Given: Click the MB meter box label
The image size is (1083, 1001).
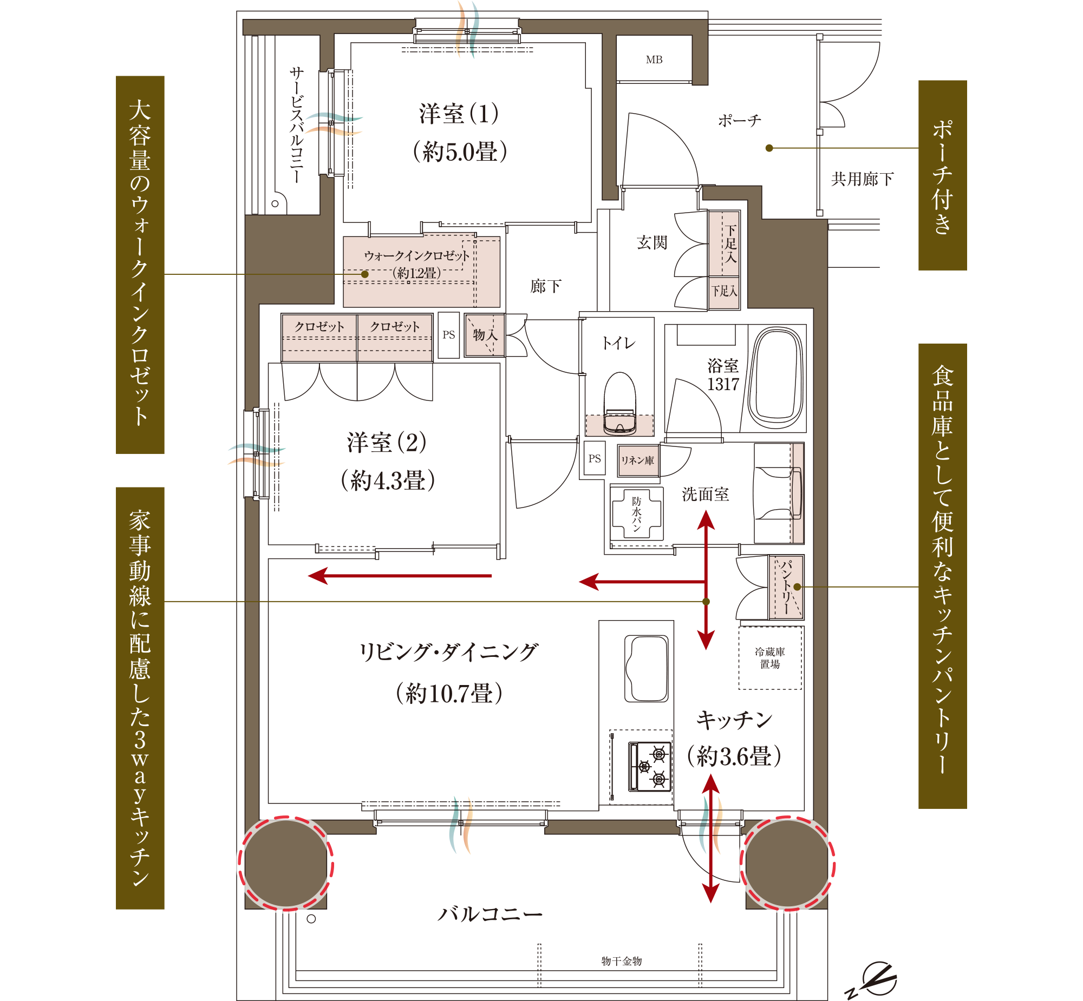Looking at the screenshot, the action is coord(654,60).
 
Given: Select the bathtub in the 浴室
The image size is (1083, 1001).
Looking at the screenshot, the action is coord(775,378).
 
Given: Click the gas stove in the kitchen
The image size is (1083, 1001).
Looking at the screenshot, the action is coord(649,766).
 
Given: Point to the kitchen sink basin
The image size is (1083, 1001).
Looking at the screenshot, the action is coord(647,668).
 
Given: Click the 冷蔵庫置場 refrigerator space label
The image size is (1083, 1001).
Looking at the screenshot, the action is coord(769,657).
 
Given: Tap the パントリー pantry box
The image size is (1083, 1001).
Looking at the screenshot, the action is coord(786,587).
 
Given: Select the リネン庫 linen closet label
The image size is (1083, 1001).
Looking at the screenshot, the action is coord(637,460).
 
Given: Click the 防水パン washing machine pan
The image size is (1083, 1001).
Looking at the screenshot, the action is coord(636,513).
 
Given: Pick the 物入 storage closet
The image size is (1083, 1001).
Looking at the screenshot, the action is coord(485,335).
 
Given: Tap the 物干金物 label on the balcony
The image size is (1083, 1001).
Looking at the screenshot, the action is coord(622,961).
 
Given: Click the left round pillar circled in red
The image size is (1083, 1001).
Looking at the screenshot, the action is coord(286,863).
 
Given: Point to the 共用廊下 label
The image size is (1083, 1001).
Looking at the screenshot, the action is coord(863,179).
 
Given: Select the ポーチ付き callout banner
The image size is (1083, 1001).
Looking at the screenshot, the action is coord(943,175).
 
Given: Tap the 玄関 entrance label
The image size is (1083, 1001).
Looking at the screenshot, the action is coord(652,242).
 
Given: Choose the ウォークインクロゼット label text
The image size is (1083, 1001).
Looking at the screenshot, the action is coord(417,256).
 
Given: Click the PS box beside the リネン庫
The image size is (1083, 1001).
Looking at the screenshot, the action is coord(595,458).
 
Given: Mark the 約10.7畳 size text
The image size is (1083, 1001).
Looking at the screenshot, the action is coord(449,693).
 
